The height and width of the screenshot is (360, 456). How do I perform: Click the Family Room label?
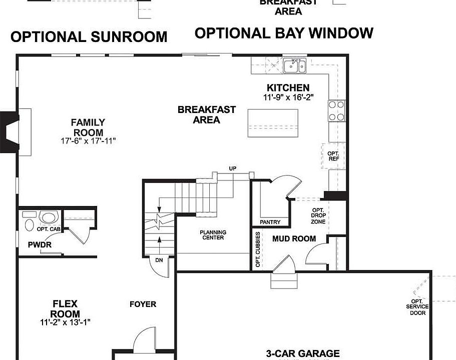coord(88,127)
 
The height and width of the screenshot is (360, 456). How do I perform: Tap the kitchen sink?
coord(295,66)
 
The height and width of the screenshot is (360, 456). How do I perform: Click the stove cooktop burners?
coord(336,110)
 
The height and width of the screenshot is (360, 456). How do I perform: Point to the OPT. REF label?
coord(333,156)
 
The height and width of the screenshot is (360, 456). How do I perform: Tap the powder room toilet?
coord(29,220)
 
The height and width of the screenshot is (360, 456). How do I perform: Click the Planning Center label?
coord(213,235)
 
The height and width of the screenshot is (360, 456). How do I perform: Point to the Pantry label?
coord(270,222)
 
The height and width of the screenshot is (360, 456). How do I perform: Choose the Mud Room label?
coord(294,238)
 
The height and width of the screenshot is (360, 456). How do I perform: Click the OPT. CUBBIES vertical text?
coord(258,249)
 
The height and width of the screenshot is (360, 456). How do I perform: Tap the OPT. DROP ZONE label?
coord(318,215)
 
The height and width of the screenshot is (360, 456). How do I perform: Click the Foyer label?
coord(143,304)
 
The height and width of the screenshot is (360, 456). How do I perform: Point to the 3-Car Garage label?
coord(302,353)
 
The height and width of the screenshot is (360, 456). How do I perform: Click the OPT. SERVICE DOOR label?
coord(417,307)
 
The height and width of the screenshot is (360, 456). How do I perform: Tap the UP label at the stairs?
coord(232,168)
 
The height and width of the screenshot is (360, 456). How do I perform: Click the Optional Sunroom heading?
coord(89,37)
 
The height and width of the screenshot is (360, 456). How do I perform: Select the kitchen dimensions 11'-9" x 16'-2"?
coord(288,97)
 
